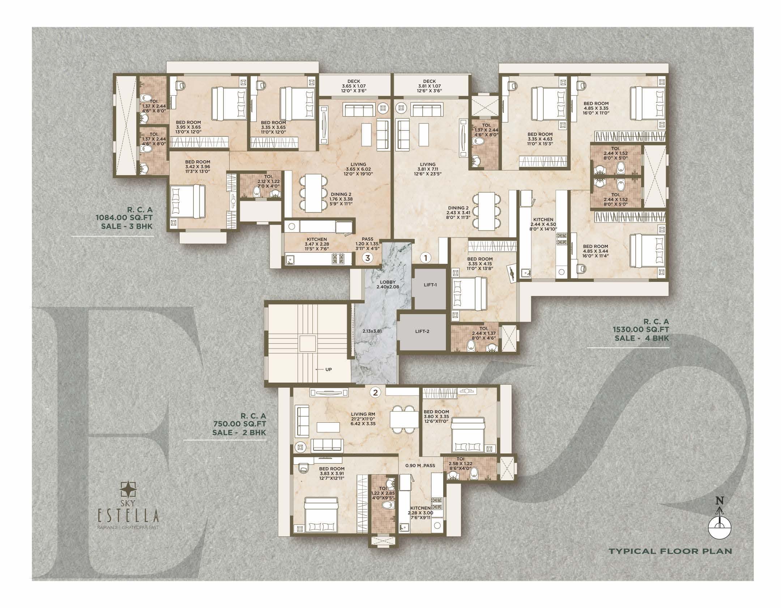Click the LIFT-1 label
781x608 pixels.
point(430,285)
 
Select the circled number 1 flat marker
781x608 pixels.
point(426,258)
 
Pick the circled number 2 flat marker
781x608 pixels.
point(376,392)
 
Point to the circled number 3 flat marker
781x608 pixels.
point(368,258)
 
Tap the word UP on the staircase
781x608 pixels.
point(329,370)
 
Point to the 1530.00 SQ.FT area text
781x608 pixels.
point(641,330)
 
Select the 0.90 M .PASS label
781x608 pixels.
point(420,465)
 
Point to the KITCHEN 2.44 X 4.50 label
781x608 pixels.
point(543,224)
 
